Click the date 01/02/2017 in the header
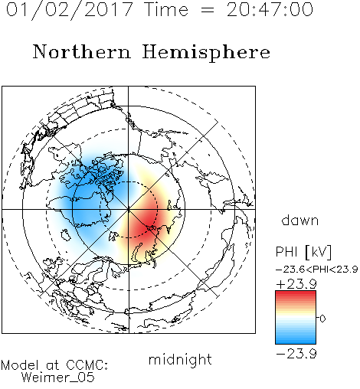point(69,10)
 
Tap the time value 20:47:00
point(270,10)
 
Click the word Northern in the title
point(82,52)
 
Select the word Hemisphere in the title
point(206,53)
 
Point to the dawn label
point(300,220)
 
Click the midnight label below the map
point(180,360)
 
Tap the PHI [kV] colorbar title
point(303,252)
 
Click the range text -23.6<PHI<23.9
point(316,270)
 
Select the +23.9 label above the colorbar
point(296,284)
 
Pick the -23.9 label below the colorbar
point(296,354)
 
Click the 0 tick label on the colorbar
point(322,319)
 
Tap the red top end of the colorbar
point(296,293)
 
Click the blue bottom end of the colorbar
point(296,342)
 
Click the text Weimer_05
point(58,378)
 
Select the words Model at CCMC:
point(54,365)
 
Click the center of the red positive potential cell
point(148,219)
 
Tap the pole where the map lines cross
point(129,209)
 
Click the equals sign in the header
point(208,10)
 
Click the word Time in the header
point(166,10)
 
